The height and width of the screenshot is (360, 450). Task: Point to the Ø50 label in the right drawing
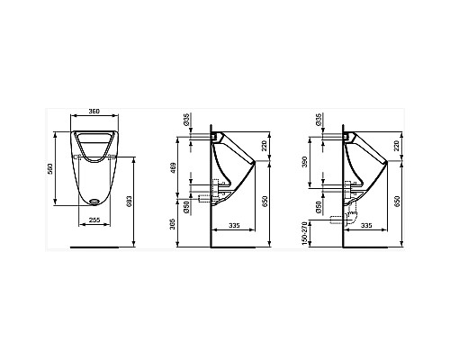(317, 206)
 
